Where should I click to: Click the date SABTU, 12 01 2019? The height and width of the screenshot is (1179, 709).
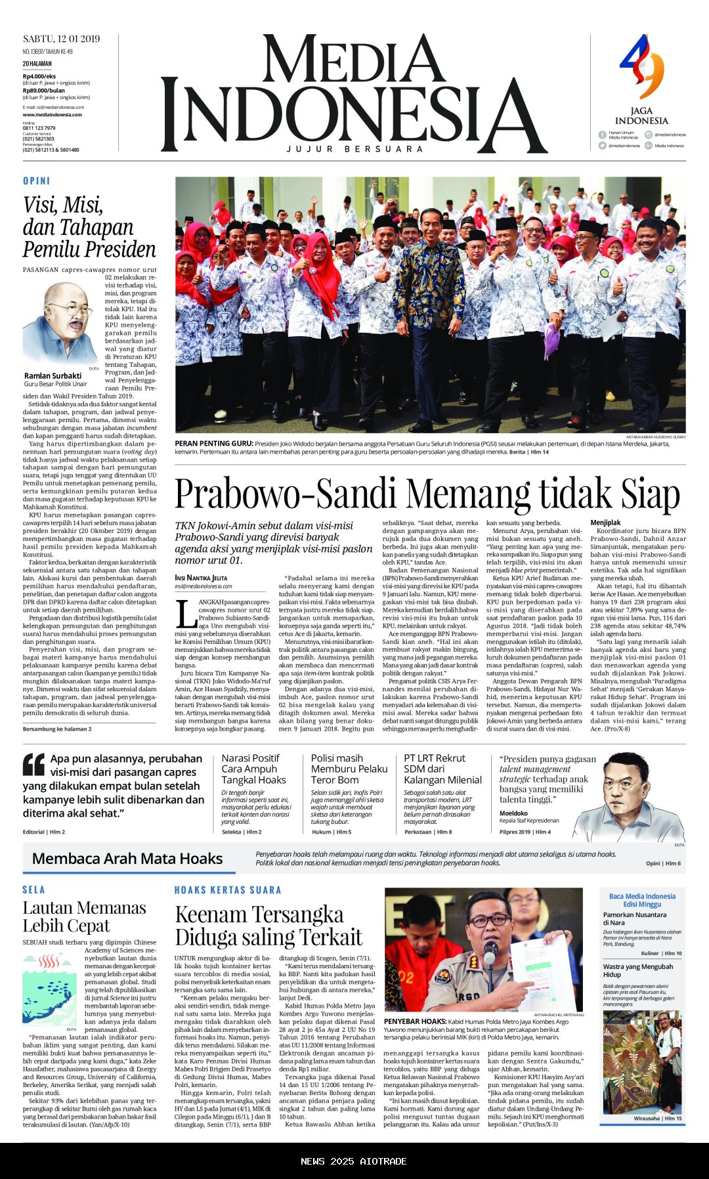(61, 39)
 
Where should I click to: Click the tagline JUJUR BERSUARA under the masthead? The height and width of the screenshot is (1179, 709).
(354, 150)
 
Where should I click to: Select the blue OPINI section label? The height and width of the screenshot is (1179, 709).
(36, 181)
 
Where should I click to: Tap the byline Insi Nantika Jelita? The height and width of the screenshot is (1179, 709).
(201, 578)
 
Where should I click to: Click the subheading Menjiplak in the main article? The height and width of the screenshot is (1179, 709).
(605, 523)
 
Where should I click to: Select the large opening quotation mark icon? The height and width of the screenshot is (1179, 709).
(33, 765)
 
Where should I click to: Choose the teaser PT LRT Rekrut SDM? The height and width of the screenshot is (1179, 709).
(442, 769)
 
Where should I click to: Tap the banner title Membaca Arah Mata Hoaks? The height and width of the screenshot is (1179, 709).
(127, 859)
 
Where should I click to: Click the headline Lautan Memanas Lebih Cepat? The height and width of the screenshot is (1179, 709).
(84, 917)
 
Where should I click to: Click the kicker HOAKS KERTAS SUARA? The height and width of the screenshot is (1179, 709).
(228, 890)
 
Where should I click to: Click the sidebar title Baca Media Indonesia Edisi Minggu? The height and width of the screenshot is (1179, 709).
(642, 900)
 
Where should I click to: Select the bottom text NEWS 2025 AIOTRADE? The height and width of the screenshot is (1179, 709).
(354, 1161)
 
